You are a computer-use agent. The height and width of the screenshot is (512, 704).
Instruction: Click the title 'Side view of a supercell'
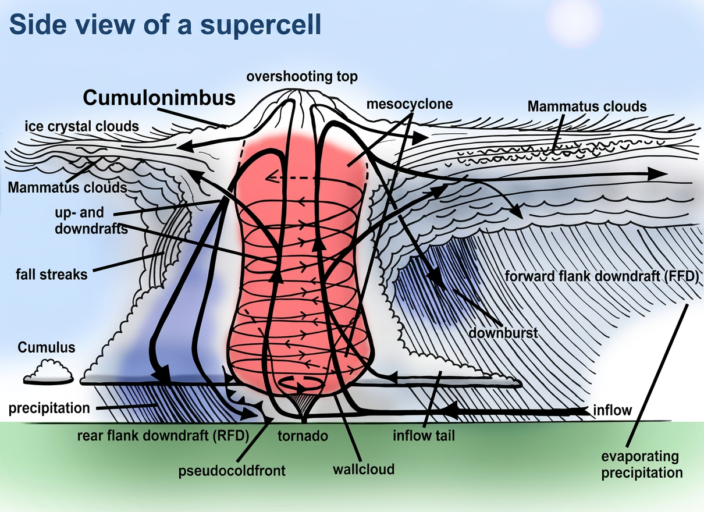tap(165, 25)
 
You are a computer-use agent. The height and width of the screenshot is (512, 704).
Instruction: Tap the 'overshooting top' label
tap(302, 77)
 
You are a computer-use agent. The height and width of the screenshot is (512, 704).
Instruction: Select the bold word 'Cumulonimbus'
tap(159, 98)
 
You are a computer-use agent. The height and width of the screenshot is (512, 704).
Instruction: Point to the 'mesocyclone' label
tap(410, 104)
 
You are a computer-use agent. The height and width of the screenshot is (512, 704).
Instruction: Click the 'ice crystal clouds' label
tap(81, 126)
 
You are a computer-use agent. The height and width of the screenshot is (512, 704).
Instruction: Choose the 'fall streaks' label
tap(52, 275)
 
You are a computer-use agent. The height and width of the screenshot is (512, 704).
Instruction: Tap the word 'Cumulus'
tap(47, 347)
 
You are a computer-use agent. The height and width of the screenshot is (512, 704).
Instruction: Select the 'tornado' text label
tap(303, 436)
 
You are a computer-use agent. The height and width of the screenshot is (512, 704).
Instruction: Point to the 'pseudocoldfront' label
tap(232, 471)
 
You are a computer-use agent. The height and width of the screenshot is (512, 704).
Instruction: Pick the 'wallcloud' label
tap(364, 470)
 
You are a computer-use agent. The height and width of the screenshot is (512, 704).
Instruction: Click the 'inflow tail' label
tap(424, 436)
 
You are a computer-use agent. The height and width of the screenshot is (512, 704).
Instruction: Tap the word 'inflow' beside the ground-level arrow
tap(612, 410)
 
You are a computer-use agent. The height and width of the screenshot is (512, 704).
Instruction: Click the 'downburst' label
tap(503, 333)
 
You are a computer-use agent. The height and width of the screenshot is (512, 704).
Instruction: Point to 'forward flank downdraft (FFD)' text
tap(602, 276)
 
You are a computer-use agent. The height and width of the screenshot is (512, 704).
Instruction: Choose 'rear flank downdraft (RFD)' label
tap(163, 436)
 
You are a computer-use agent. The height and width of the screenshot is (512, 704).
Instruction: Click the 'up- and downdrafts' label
tap(91, 221)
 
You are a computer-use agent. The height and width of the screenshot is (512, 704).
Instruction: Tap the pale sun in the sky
tap(576, 19)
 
